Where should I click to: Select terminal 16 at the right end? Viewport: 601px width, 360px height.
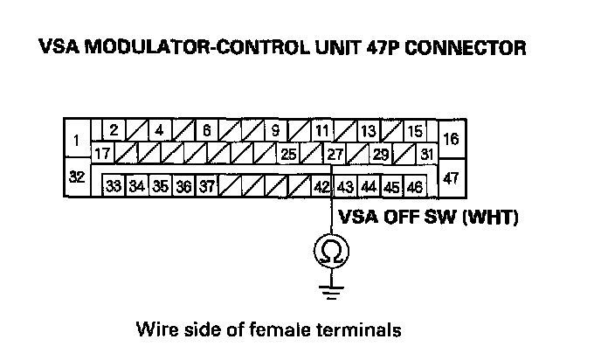(x=451, y=139)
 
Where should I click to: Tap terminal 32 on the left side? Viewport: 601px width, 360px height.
(x=77, y=177)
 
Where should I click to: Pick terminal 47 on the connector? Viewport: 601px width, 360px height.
(x=451, y=177)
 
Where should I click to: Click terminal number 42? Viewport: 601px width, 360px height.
(x=321, y=186)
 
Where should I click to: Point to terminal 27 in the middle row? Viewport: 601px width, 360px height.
(x=335, y=154)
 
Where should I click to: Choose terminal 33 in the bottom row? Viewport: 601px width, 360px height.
(x=114, y=186)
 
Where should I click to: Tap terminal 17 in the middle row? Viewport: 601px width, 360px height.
(x=102, y=154)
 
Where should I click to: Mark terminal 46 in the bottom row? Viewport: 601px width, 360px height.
(x=414, y=186)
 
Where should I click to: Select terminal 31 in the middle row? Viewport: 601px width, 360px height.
(x=427, y=154)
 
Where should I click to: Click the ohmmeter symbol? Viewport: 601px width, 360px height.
(x=330, y=252)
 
